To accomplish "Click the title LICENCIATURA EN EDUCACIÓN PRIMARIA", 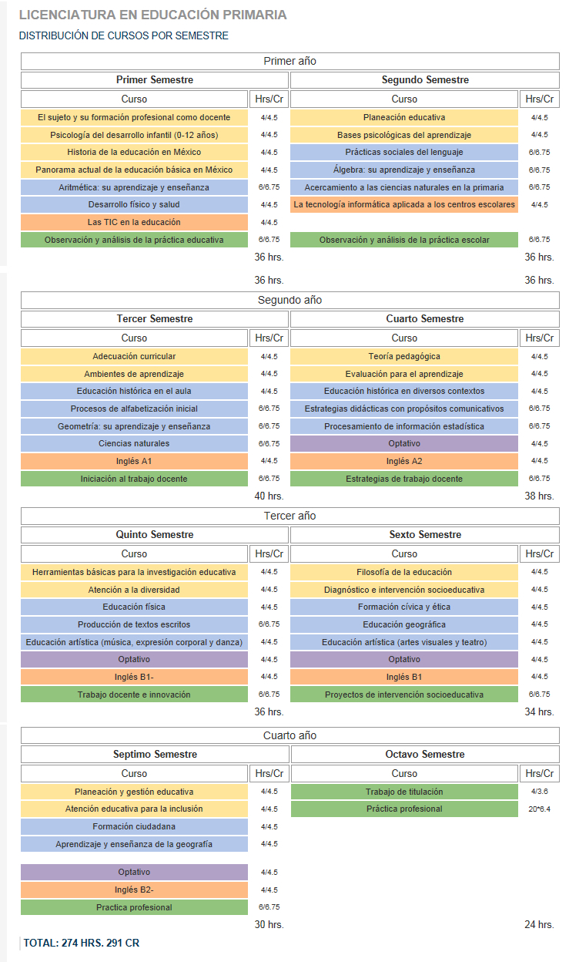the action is pos(152,15).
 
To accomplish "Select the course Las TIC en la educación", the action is pos(134,222).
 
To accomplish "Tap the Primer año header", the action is pos(290,61).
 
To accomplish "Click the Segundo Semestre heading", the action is pos(425,80).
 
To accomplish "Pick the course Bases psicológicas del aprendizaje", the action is pos(403,135).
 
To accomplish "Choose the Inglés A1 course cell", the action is pos(134,461).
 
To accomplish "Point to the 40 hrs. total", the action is pos(269,496).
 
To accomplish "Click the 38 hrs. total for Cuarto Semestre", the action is pos(539,496).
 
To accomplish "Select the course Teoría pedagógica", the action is pos(403,356).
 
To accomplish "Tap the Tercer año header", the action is pos(290,516).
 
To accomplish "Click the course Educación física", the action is pos(134,607).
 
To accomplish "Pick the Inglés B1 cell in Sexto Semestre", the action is pos(403,677).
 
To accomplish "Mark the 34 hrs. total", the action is pos(539,711).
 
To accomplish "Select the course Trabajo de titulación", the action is pos(404,792).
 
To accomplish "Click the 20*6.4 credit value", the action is pos(540,809).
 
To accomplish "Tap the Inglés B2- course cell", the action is pos(134,890).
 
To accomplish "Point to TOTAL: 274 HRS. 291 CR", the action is pos(82,943).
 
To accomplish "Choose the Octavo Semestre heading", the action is pos(425,754).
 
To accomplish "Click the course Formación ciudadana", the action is pos(134,826).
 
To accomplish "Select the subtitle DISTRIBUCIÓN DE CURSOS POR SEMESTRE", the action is pos(124,35).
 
